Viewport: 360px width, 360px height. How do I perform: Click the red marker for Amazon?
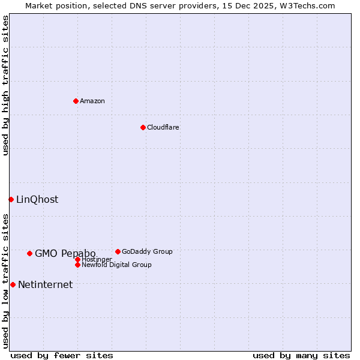[x=76, y=101]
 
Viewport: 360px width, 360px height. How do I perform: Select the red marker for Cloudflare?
[x=143, y=127]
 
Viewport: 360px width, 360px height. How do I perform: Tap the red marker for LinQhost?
[x=11, y=199]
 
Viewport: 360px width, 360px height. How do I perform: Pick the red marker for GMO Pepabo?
[x=29, y=253]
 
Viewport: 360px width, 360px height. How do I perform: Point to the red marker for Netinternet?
[x=13, y=284]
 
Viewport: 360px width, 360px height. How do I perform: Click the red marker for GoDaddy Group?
[x=118, y=251]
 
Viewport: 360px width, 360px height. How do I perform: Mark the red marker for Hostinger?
[x=77, y=259]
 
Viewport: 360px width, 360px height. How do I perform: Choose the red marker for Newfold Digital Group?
[x=77, y=265]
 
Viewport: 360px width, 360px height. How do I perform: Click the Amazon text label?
[x=92, y=101]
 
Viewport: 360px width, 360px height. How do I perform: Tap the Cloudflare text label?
[x=163, y=127]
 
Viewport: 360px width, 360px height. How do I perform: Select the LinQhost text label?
[x=37, y=200]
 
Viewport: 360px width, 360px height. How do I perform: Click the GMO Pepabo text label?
[x=65, y=253]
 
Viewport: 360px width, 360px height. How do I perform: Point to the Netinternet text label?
[x=45, y=285]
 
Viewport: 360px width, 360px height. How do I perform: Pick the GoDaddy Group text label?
[x=147, y=251]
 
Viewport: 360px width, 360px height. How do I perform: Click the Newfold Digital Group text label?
[x=116, y=265]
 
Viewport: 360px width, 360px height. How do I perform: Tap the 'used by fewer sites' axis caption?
[x=62, y=355]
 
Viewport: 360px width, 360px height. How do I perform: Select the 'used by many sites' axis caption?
[x=301, y=355]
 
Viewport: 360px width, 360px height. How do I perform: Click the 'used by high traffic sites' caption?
[x=5, y=85]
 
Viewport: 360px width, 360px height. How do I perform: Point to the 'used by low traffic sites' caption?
[x=5, y=281]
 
